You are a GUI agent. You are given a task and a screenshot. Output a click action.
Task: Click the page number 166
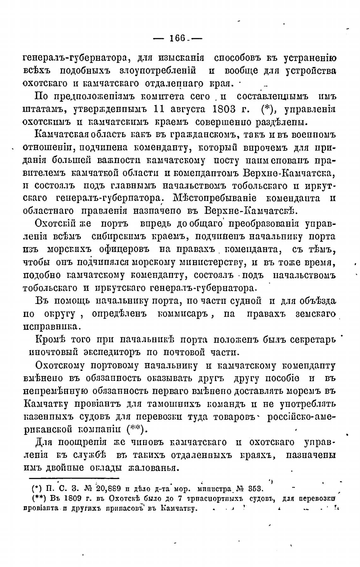click(177, 39)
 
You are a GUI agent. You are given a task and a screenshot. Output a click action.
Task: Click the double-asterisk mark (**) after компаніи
click(136, 430)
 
